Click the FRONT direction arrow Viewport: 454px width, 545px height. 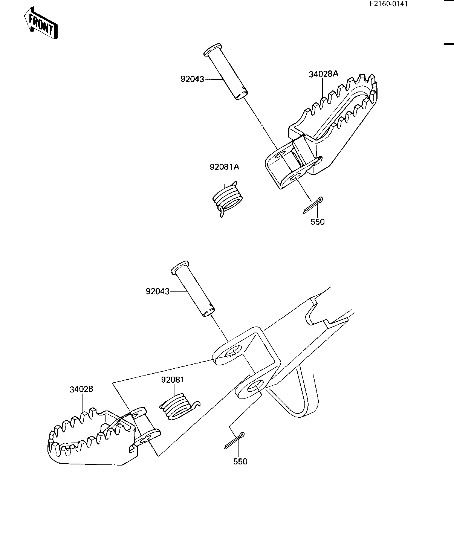point(41,23)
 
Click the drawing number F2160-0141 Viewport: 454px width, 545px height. point(388,4)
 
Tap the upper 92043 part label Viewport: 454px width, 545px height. point(192,79)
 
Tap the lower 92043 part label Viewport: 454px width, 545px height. point(157,291)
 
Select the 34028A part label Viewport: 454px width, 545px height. point(324,74)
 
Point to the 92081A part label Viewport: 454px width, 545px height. point(225,167)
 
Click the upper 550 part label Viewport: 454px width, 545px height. point(318,222)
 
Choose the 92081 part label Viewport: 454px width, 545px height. point(173,380)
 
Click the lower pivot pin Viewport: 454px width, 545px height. point(193,289)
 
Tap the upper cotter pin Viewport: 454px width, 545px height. point(313,205)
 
